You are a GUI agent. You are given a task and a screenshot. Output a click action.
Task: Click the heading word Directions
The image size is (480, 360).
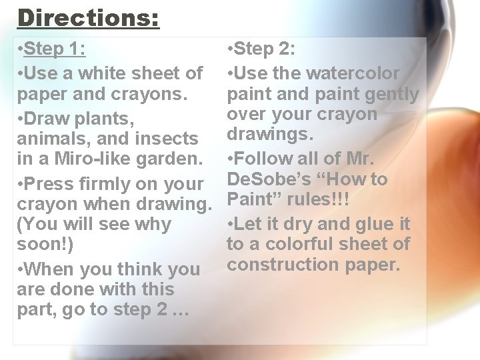88,17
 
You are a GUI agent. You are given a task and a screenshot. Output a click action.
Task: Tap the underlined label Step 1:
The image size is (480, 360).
55,49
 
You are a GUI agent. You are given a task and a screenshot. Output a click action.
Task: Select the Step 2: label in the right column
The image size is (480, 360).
265,49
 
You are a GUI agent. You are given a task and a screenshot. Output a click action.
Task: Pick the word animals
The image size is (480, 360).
50,139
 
